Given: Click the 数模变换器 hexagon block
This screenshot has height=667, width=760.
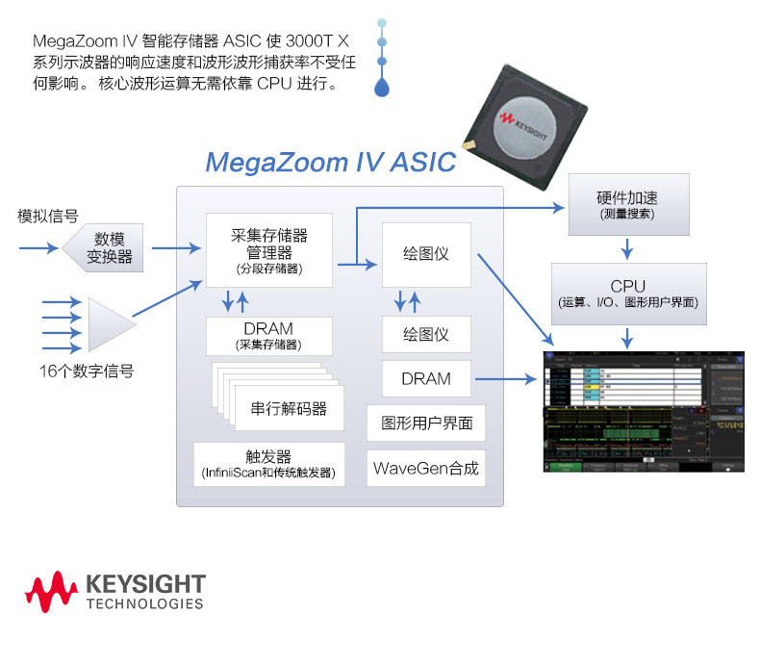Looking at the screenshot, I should (x=105, y=249).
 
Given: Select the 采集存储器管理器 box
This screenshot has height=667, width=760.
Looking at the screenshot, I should (x=269, y=250).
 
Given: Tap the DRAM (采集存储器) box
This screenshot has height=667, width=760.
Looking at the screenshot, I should (x=269, y=335).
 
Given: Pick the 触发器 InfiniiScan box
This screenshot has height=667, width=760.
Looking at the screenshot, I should (x=269, y=464).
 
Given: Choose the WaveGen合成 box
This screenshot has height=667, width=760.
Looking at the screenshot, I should (x=426, y=469).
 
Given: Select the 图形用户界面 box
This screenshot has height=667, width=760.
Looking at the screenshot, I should (x=426, y=423).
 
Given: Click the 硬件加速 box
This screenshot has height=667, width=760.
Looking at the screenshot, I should (x=627, y=204).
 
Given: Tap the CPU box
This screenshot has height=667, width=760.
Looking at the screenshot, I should (x=627, y=293).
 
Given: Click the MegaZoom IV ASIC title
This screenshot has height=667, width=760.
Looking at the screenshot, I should (x=330, y=161).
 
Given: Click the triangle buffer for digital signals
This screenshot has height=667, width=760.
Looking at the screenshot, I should (x=109, y=325).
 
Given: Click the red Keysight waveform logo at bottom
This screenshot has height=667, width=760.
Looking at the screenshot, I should (x=51, y=591).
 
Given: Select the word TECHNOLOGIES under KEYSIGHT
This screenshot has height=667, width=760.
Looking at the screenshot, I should (x=145, y=604).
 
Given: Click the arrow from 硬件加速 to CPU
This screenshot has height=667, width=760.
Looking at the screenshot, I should (x=627, y=249).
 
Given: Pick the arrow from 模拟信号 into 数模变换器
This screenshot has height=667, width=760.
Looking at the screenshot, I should (x=39, y=249).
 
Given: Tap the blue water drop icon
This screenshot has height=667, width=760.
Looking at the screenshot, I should (x=383, y=88).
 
